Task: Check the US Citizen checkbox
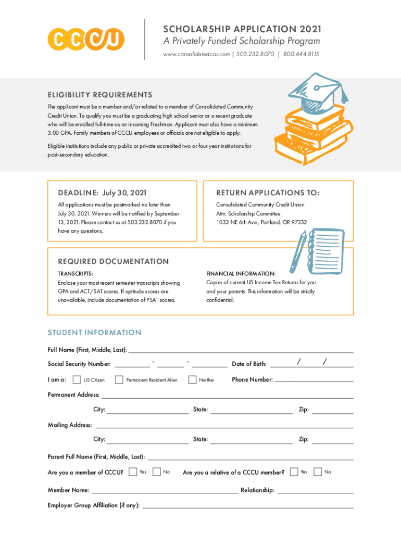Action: coord(77,379)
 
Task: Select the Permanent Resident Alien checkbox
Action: coord(119,379)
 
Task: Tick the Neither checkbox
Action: coord(192,379)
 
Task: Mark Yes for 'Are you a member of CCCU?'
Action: coord(133,472)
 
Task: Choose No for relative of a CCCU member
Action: coord(318,472)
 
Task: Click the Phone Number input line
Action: coord(314,381)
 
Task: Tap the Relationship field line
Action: coord(316,492)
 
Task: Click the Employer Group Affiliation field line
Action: coord(248,507)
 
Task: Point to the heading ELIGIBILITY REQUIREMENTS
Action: coord(100,95)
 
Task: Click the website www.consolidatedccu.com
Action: coord(197,54)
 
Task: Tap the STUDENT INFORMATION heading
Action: coord(94,333)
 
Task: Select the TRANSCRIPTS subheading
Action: coord(76,273)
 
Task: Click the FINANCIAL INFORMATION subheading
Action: coord(241,273)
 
